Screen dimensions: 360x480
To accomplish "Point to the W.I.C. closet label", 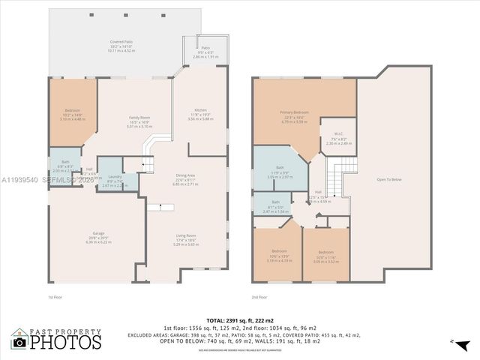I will coord(338,135).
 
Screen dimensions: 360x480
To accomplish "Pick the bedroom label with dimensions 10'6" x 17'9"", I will coord(279,250).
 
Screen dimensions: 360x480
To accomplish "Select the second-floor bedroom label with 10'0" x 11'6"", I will coord(325,252).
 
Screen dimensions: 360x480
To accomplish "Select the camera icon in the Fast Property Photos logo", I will coord(19,342).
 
